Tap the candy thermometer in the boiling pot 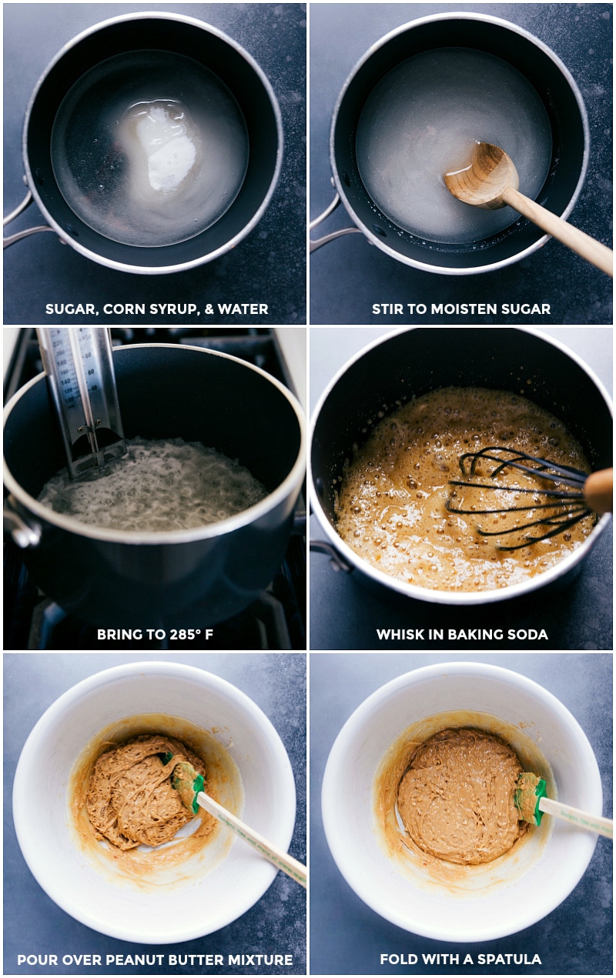(81, 402)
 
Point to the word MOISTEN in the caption (465, 309)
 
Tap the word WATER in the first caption (243, 309)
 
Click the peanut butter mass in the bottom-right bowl (460, 795)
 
